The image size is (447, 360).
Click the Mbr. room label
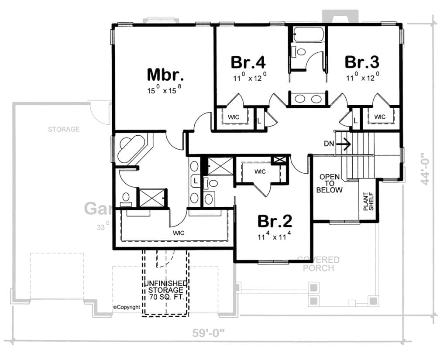click(165, 75)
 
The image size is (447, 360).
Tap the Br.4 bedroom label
click(248, 62)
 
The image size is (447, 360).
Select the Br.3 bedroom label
click(362, 62)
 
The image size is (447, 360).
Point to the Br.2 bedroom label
click(275, 221)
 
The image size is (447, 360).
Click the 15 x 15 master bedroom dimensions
click(164, 91)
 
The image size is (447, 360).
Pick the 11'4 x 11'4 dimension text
click(275, 238)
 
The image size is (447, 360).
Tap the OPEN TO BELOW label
click(330, 183)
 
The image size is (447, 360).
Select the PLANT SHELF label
click(369, 201)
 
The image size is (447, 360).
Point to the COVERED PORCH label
click(318, 264)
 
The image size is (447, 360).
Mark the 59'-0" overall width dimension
click(209, 333)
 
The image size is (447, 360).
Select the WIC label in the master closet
click(178, 233)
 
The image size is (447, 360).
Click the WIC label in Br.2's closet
click(260, 171)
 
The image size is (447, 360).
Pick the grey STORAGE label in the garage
click(64, 129)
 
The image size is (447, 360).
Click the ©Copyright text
click(127, 307)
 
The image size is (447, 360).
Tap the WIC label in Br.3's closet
click(380, 117)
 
